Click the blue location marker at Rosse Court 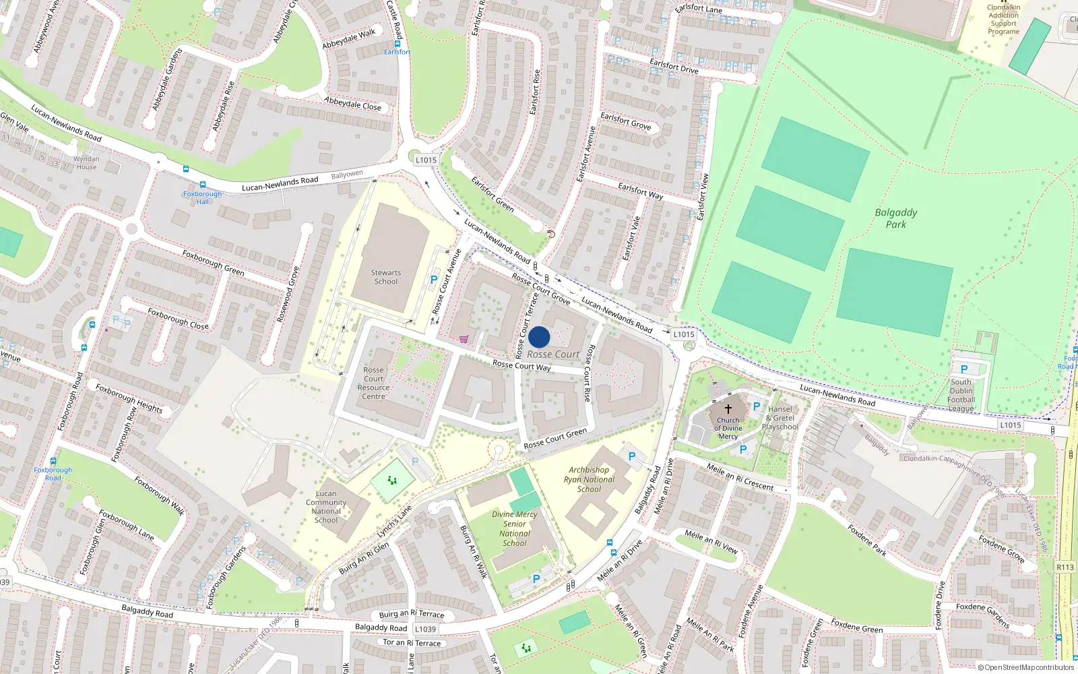click(x=539, y=337)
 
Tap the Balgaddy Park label click(x=895, y=218)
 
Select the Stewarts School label click(x=385, y=277)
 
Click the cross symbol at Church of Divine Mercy click(x=728, y=408)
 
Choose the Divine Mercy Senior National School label click(x=515, y=528)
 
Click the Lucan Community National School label click(x=326, y=507)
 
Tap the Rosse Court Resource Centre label click(x=373, y=383)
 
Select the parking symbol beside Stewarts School click(x=434, y=279)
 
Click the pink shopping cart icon click(x=464, y=339)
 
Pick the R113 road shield click(x=1065, y=567)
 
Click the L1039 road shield click(x=425, y=629)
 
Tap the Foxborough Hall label click(x=202, y=197)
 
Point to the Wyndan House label click(x=86, y=163)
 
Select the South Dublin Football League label click(x=961, y=395)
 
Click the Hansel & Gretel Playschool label click(x=780, y=418)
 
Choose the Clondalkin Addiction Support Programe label click(x=1003, y=20)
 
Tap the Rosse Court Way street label click(x=521, y=365)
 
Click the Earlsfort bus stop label click(x=397, y=52)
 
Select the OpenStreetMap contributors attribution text click(x=1026, y=667)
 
